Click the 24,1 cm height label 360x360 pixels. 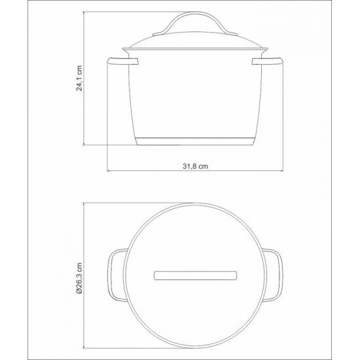pyautogui.click(x=80, y=79)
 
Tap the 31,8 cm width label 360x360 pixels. pyautogui.click(x=196, y=167)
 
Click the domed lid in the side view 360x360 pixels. pyautogui.click(x=196, y=46)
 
